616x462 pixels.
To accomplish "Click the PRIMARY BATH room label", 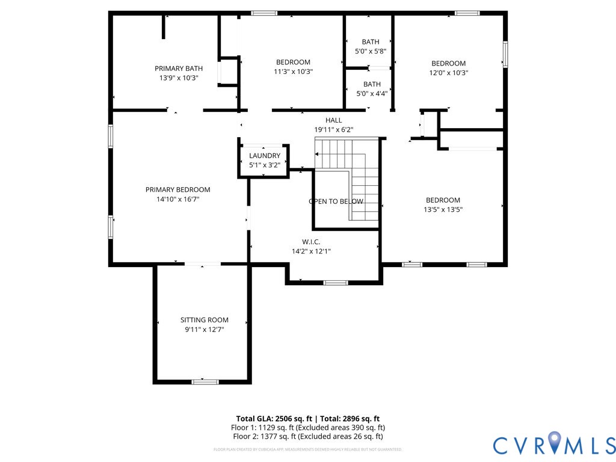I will (x=179, y=69).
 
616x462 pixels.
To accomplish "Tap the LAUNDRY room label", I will (x=265, y=156).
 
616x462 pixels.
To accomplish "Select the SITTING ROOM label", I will (x=205, y=320).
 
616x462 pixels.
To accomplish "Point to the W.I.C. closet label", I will (x=311, y=242).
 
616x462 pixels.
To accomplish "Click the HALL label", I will (x=333, y=120).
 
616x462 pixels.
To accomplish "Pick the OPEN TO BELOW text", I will (x=336, y=202).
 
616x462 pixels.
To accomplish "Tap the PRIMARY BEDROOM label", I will (x=178, y=189).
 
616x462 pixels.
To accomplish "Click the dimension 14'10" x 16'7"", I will (x=178, y=199).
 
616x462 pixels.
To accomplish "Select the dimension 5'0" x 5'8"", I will (x=371, y=52).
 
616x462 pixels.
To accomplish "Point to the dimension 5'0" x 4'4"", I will (x=372, y=94).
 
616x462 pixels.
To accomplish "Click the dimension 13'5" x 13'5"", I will (x=443, y=210).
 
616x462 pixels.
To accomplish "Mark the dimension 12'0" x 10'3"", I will (x=449, y=73).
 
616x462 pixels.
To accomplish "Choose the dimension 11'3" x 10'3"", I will (x=293, y=72).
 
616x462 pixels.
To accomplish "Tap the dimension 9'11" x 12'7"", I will (x=205, y=330).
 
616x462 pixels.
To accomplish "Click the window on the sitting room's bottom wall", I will (x=205, y=381).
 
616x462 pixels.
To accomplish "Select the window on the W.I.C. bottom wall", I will (x=336, y=282).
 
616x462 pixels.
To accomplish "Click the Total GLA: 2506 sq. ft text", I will (x=274, y=419).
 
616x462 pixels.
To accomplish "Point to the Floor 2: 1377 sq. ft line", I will (x=307, y=436).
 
